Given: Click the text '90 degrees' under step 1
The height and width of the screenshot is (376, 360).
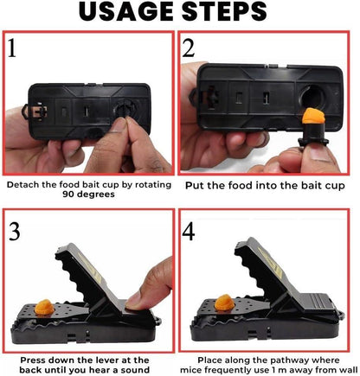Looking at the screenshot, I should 90,194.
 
